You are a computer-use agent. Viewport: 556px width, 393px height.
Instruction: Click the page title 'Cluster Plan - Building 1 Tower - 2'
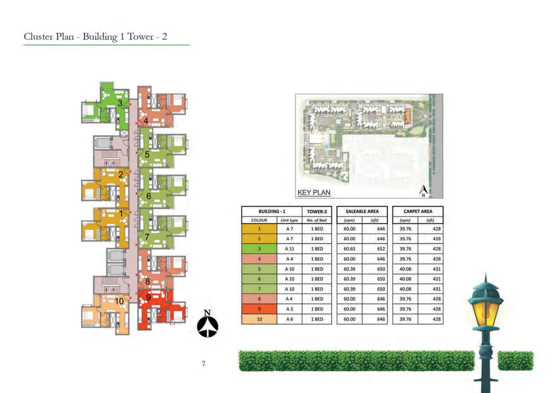click(x=96, y=36)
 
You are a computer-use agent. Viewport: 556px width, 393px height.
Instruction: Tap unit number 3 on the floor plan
click(x=119, y=103)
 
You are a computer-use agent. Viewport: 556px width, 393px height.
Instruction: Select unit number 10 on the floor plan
click(x=119, y=301)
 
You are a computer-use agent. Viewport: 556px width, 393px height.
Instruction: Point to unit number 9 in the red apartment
click(x=149, y=298)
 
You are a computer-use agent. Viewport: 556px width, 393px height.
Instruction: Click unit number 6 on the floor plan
click(x=148, y=196)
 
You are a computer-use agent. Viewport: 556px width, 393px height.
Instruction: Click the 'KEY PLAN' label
click(x=314, y=192)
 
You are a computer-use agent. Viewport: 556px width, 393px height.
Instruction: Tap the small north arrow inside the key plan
click(x=424, y=190)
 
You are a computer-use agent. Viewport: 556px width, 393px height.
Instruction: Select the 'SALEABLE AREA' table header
click(x=362, y=211)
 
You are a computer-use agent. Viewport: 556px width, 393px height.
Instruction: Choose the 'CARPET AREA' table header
click(x=417, y=211)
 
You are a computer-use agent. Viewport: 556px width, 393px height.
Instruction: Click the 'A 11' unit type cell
click(x=290, y=249)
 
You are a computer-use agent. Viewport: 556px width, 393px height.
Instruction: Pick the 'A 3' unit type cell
click(x=290, y=309)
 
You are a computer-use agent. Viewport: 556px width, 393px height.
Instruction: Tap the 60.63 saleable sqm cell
click(x=350, y=249)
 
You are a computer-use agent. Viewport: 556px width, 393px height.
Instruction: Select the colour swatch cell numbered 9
click(x=259, y=309)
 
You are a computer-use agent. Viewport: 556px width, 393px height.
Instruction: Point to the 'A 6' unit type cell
click(x=290, y=319)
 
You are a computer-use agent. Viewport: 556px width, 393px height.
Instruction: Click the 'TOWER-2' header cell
click(x=317, y=211)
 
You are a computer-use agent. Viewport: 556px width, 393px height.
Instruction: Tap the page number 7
click(x=203, y=364)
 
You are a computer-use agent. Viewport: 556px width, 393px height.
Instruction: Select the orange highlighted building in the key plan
click(x=407, y=115)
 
